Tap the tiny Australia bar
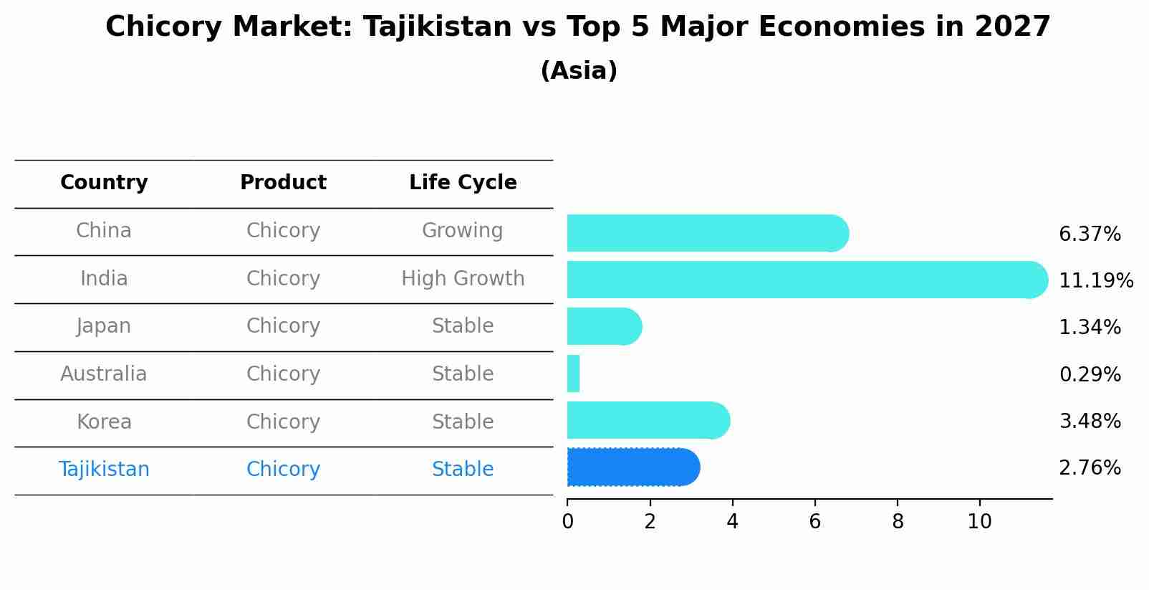point(573,373)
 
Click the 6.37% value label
point(1089,234)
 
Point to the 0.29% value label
point(1089,374)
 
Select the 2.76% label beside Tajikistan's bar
point(1089,468)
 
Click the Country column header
point(104,183)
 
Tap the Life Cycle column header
point(463,183)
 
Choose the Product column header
point(283,183)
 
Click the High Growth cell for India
point(463,279)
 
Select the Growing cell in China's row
point(462,231)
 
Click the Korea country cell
point(104,422)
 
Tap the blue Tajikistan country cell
point(104,470)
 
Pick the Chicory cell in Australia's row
point(283,374)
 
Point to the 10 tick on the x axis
point(979,522)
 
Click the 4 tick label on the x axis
point(732,522)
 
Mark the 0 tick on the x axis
point(567,522)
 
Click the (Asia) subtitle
point(579,71)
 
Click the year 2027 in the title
point(1012,27)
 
